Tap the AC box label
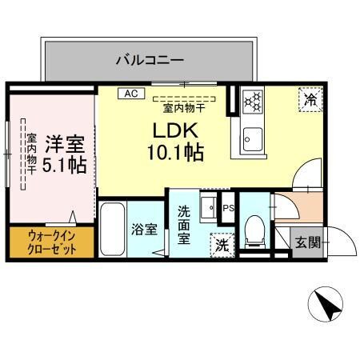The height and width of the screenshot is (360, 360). coord(129,94)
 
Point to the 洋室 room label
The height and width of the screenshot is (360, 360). coord(65,145)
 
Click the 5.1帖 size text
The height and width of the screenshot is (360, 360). coord(65,166)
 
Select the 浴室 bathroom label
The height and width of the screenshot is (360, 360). coord(143,229)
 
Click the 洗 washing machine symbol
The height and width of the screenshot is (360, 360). coord(220,244)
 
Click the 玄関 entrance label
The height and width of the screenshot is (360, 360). coord(305,242)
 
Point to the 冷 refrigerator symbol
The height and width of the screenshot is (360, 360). coord(310,98)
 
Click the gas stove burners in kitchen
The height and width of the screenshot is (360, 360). coord(253,99)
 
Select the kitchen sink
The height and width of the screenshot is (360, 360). coord(253,138)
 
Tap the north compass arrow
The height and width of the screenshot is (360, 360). coord(326,305)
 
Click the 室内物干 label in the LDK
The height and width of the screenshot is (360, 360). coord(185,106)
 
